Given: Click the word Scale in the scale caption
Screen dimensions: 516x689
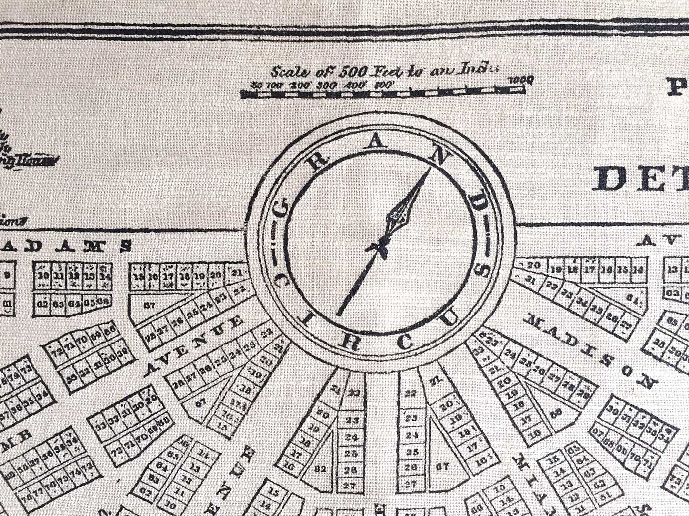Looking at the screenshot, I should pos(290,72).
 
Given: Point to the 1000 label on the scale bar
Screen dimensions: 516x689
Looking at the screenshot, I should pos(521,79).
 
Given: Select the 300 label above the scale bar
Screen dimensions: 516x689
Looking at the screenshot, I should pos(327,85).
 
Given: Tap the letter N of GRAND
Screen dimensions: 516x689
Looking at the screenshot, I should pos(437,156).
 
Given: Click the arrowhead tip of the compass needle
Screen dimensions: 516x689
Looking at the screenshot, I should pos(430,169).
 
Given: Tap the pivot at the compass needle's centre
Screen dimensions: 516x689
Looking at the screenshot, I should pos(381,244).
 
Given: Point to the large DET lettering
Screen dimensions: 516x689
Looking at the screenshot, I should pos(640,179).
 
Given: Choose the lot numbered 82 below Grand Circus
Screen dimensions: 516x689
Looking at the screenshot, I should pos(320,469).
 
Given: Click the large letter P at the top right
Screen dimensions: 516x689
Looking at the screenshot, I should pos(678,87).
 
